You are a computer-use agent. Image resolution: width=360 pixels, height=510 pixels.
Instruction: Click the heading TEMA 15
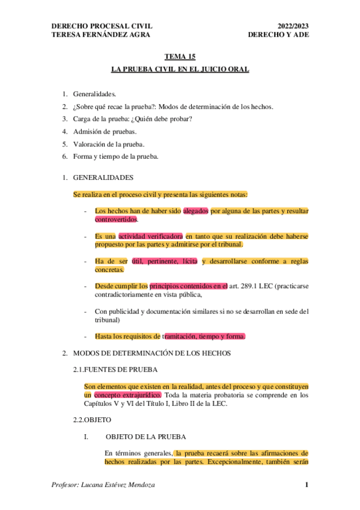click(180, 57)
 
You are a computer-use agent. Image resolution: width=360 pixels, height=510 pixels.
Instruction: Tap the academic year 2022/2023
click(293, 26)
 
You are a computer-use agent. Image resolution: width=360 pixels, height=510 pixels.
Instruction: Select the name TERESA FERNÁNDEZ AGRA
click(100, 35)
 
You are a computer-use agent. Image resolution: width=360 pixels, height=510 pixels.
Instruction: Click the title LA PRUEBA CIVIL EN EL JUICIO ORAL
click(180, 70)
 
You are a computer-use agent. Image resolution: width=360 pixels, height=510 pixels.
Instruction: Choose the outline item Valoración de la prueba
click(108, 144)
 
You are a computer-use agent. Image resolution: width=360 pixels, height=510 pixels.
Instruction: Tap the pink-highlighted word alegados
click(196, 211)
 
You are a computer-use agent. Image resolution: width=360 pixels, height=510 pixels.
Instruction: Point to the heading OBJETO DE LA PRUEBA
click(145, 436)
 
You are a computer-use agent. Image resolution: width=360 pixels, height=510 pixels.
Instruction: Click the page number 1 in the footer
click(307, 485)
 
